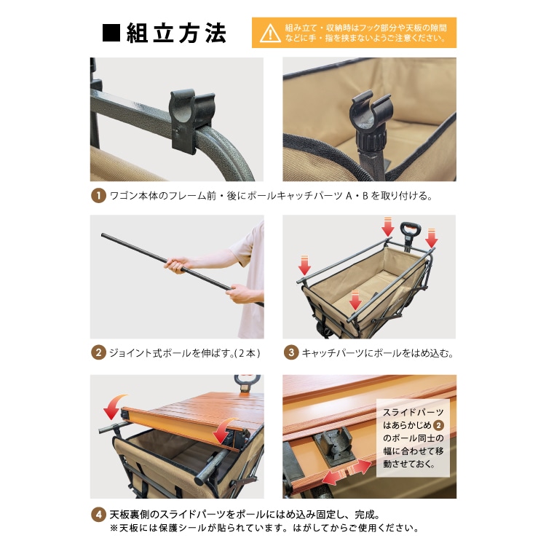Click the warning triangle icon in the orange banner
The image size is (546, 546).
click(x=270, y=33)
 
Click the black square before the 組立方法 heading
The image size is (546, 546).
click(x=111, y=33)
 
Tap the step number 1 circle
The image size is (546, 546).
click(x=98, y=196)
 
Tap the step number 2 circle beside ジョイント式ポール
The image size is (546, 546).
click(x=98, y=353)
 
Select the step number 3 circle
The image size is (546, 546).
click(x=291, y=353)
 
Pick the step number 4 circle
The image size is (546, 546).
click(x=98, y=515)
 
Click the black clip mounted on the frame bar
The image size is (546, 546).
click(x=191, y=119)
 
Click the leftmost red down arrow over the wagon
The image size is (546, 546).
click(x=304, y=265)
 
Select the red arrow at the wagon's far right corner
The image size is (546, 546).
click(x=432, y=239)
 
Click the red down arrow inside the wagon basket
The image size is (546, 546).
click(x=355, y=300)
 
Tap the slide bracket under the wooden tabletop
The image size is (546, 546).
click(x=333, y=446)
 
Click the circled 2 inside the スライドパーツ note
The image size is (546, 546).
click(x=438, y=425)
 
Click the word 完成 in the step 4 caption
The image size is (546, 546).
click(x=365, y=515)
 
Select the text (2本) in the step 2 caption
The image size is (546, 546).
click(x=248, y=353)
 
